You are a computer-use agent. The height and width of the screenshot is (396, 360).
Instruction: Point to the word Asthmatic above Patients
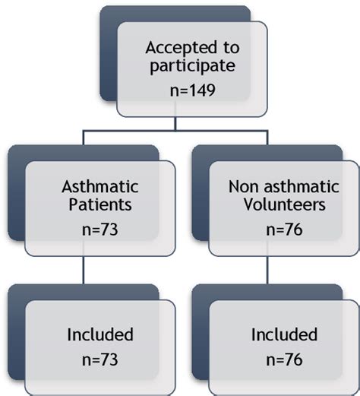coord(94,184)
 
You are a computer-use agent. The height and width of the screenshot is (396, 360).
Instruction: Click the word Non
coord(242,184)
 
